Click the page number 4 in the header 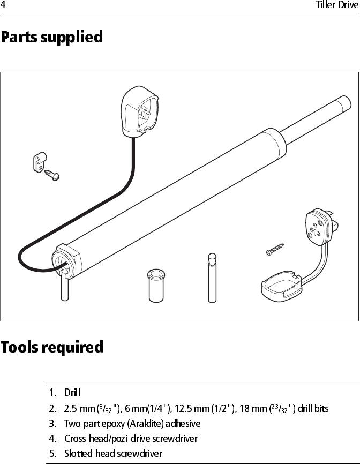coord(3,5)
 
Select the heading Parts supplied coord(51,38)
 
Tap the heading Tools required coord(52,347)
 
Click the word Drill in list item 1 coord(72,393)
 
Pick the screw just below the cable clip coord(52,174)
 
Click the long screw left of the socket coord(274,249)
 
